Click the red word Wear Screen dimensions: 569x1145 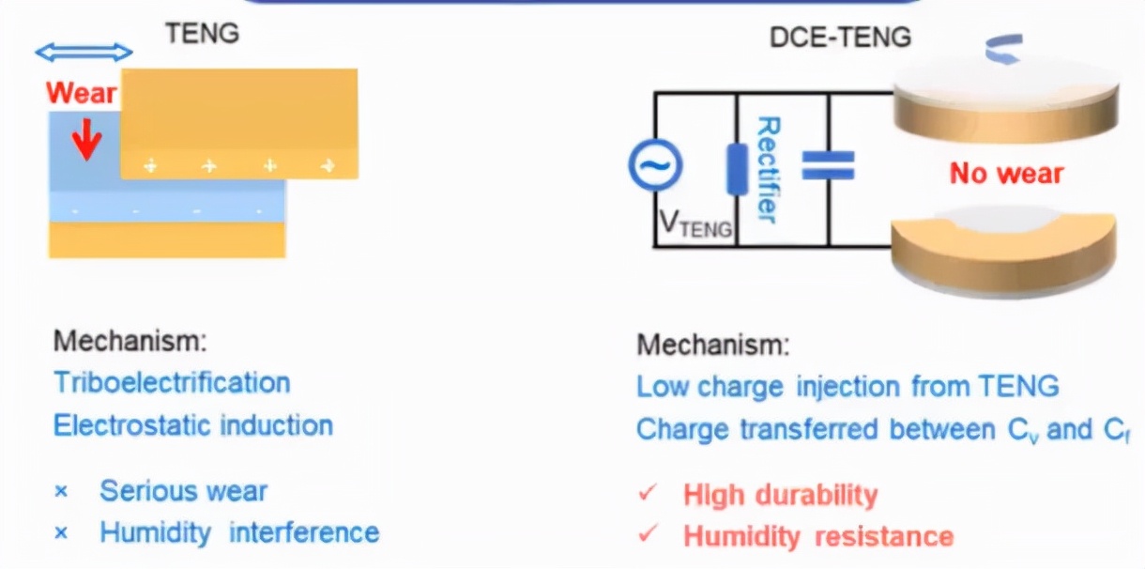click(82, 93)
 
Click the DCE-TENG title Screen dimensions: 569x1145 click(841, 38)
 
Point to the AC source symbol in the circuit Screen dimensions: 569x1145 click(654, 166)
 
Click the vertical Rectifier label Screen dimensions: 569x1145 click(768, 169)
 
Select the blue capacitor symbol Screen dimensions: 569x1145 click(828, 166)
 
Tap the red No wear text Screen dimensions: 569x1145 click(1006, 173)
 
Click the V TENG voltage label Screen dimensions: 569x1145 click(695, 223)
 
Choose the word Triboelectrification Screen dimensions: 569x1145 click(172, 383)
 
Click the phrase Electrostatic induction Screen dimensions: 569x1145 click(193, 425)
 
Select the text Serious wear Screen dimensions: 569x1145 click(184, 491)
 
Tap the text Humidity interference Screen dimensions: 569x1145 click(239, 533)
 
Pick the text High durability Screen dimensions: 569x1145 click(780, 495)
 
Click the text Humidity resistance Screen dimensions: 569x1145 click(817, 537)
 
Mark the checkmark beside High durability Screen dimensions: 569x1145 click(647, 494)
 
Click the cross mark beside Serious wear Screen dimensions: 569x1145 click(62, 492)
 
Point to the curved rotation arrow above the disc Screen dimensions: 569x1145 click(1003, 46)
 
